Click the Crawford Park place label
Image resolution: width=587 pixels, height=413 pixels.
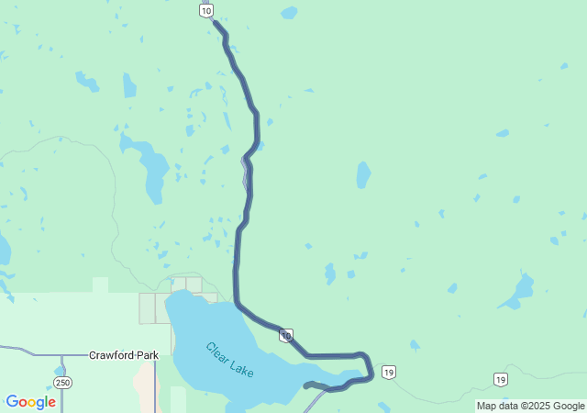124,354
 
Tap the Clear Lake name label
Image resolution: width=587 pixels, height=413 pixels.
230,361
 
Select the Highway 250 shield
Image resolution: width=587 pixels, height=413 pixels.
61,382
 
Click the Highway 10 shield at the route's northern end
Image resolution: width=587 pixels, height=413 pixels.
206,10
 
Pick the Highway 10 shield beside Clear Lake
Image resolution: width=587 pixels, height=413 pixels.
287,336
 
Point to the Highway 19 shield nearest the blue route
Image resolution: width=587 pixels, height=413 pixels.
390,372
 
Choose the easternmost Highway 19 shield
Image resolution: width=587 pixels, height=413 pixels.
500,379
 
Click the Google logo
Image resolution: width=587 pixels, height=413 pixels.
31,402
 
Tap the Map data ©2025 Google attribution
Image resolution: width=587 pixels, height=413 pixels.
530,406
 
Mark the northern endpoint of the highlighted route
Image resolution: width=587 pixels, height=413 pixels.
216,23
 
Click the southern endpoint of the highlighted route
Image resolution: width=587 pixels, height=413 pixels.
306,385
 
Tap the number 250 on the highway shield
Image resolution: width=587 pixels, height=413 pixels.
61,382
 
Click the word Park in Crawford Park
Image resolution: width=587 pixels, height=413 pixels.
147,354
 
